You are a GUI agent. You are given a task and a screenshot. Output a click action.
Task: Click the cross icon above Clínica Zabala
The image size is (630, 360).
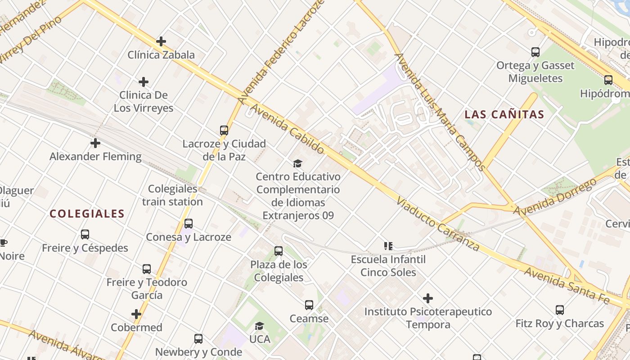(161, 41)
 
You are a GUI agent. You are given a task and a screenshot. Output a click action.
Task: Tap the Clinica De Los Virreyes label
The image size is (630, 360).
(143, 101)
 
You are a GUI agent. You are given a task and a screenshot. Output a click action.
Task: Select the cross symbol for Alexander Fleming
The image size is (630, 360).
(95, 143)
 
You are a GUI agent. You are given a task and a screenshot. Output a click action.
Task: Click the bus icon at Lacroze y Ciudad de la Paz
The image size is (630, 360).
(224, 130)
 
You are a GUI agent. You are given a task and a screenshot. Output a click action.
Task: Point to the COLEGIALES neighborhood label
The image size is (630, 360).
(87, 214)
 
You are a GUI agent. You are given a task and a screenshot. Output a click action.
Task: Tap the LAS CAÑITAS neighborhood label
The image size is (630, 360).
(504, 114)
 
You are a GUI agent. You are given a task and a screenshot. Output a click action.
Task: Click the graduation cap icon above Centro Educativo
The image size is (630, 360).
(297, 163)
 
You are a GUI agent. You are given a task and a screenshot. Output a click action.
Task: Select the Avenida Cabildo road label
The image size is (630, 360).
(287, 129)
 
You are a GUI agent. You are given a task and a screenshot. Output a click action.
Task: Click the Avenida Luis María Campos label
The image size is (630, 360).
(440, 112)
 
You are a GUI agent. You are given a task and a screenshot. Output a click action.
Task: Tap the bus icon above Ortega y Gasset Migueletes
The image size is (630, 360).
(535, 52)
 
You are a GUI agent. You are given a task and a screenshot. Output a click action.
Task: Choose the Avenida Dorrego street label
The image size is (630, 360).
(555, 197)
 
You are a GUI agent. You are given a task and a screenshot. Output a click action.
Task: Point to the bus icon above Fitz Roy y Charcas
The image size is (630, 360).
(560, 310)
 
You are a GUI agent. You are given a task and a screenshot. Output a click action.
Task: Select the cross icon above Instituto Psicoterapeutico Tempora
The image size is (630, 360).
(428, 298)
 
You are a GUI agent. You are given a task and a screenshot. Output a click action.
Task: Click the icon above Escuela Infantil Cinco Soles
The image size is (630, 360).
(388, 246)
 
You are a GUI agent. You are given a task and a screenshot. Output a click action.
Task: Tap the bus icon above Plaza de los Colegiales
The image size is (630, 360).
(279, 251)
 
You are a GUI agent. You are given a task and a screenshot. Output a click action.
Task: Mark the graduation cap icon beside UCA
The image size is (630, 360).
(259, 326)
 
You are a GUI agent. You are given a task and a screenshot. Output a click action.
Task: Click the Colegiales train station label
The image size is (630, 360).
(173, 195)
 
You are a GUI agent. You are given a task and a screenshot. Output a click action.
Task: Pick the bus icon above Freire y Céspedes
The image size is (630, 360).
(85, 234)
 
